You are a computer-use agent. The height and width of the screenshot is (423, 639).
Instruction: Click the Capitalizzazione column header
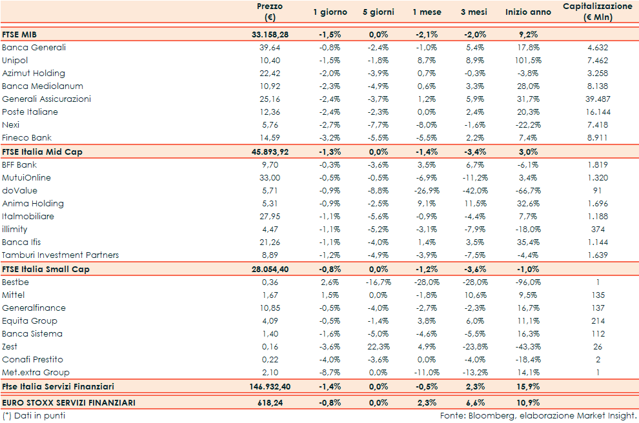[597, 12]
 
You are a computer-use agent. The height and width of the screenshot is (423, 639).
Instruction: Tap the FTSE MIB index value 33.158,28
[270, 34]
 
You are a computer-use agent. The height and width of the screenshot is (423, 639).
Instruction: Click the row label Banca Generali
[34, 47]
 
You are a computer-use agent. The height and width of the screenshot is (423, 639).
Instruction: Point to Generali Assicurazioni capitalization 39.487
[597, 99]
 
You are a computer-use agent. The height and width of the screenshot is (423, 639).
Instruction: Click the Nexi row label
[11, 124]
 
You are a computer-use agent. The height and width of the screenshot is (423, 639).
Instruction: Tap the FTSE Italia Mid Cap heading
[42, 152]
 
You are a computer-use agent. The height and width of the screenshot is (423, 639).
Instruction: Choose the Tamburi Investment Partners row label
[61, 255]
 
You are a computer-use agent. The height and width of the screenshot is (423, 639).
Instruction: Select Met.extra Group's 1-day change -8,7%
[330, 372]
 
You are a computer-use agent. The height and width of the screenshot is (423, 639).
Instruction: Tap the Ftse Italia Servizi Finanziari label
[58, 386]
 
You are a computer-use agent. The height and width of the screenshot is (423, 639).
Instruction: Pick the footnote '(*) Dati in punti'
[34, 416]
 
